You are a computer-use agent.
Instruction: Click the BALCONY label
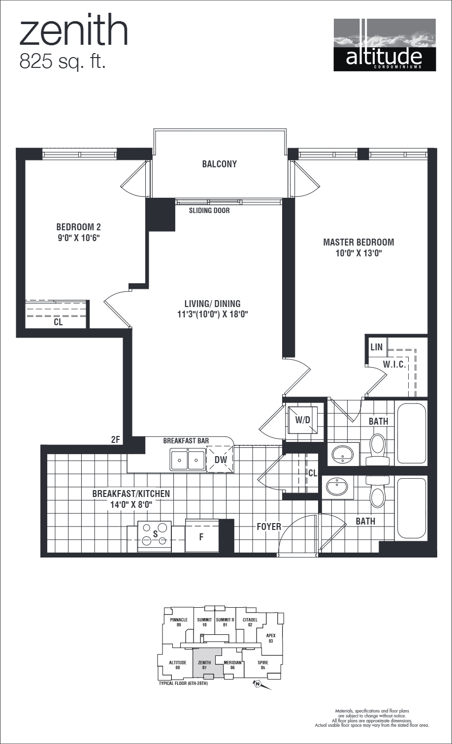pos(219,164)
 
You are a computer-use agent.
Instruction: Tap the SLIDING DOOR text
pos(209,211)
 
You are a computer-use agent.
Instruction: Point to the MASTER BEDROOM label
pos(358,242)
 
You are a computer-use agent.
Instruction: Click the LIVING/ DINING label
pos(212,304)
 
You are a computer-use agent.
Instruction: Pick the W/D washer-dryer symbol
pos(302,420)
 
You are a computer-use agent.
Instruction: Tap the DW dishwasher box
pos(220,460)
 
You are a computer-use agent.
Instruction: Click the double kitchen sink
pos(188,460)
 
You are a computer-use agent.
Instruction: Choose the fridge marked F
pos(201,537)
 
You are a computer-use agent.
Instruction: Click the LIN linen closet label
pos(376,347)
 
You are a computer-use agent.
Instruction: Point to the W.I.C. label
pos(394,364)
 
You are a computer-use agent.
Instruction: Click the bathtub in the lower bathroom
pos(411,508)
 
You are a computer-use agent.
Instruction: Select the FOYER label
pos(269,527)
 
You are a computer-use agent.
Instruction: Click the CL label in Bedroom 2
pos(58,323)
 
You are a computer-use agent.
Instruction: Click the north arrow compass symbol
pos(257,683)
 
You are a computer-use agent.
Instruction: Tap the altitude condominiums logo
pos(384,45)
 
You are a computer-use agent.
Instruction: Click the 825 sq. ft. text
pos(63,62)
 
